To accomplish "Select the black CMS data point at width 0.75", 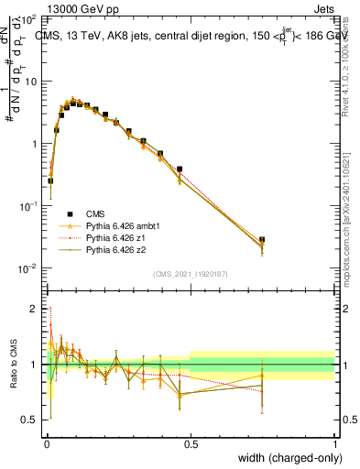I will click(262, 240).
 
